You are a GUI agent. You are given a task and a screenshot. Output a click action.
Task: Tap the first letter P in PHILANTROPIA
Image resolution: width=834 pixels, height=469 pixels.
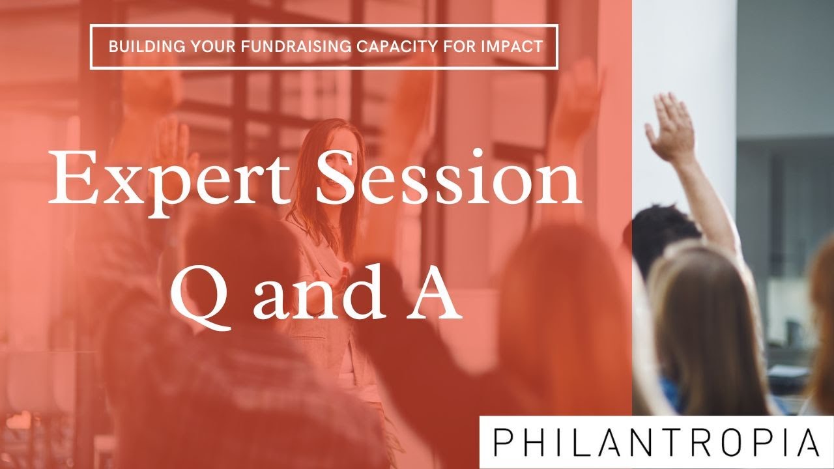(x=503, y=442)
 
